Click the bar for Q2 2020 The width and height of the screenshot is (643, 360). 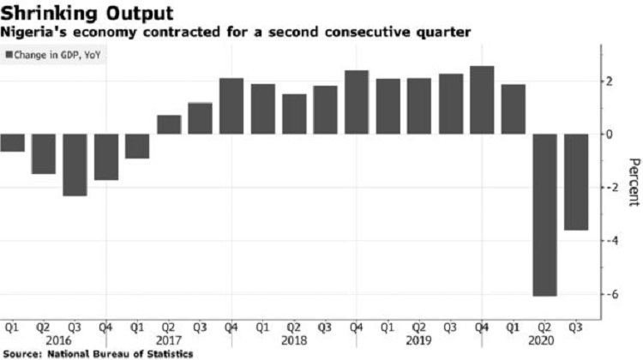coord(544,215)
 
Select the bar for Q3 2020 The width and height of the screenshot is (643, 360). coord(575,182)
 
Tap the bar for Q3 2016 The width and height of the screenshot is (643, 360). coord(75,165)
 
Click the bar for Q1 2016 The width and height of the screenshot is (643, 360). coord(12,142)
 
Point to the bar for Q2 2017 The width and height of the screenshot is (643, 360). coord(169,124)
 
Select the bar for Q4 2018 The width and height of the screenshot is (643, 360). coord(357,102)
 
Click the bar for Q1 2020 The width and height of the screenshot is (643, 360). coord(513,109)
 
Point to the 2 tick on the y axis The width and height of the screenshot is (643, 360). coord(610,81)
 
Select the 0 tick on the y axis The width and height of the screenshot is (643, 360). coord(610,135)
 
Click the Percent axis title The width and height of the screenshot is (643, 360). coord(633,182)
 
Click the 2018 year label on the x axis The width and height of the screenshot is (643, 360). coord(294,339)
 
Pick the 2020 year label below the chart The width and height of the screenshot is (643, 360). coord(544,339)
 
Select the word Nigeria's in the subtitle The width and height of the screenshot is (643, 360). coord(36,33)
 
